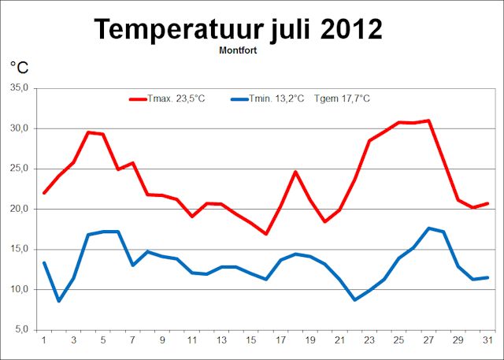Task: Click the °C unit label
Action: point(19,69)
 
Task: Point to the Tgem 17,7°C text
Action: point(341,98)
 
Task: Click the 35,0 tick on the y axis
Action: point(18,88)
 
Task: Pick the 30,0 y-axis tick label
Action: point(18,128)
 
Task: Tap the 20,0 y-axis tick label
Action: point(18,209)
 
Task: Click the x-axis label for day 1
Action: point(44,340)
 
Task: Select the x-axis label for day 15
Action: point(251,340)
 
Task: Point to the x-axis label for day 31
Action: point(488,340)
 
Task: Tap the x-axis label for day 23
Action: point(370,340)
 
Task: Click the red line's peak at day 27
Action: point(428,121)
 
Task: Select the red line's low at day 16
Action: point(266,233)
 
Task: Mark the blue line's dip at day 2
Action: point(59,300)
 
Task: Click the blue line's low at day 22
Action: point(354,299)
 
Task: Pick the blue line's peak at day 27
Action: point(428,228)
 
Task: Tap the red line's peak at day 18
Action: point(295,172)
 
